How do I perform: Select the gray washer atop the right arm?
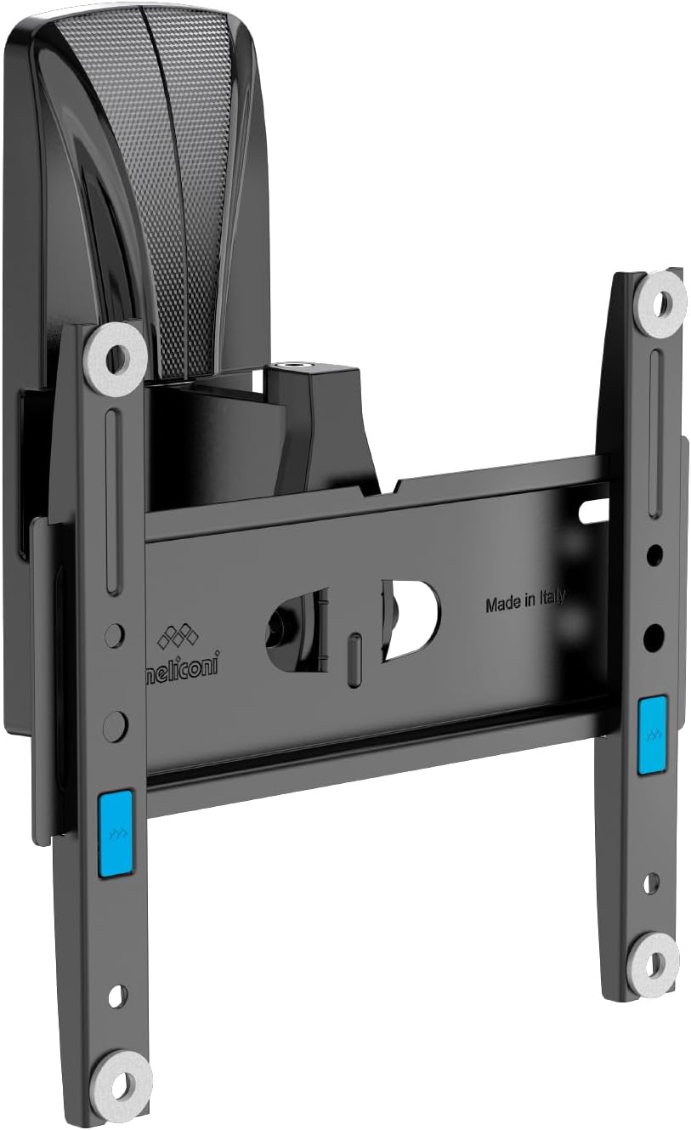coord(660,298)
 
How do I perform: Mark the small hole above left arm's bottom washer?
coord(117,996)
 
